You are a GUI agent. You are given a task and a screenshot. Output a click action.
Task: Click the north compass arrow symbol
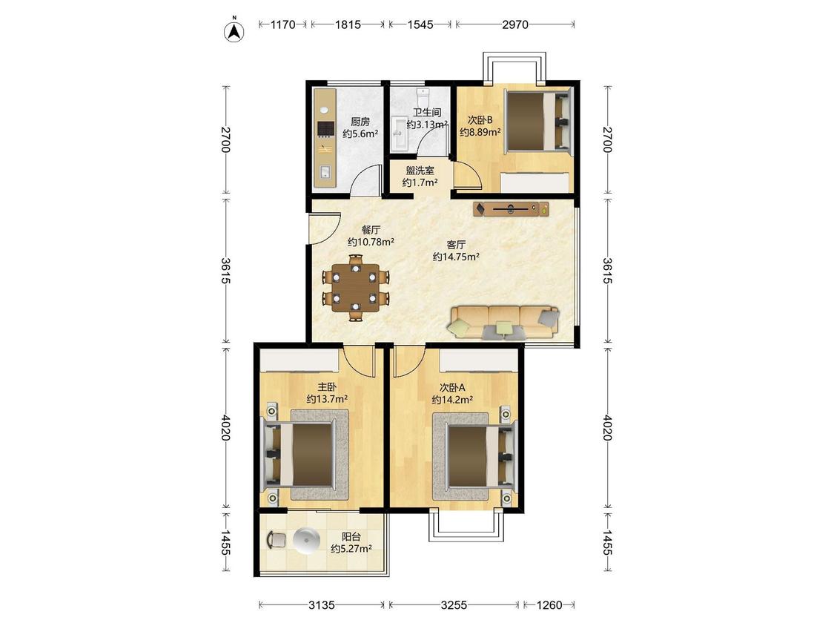[234, 30]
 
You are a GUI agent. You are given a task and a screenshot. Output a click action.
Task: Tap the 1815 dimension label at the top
[348, 24]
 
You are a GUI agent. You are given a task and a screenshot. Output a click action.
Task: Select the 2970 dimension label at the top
[515, 24]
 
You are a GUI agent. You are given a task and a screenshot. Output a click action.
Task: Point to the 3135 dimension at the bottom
[322, 604]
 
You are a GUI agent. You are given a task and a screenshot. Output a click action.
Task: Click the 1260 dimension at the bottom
[549, 604]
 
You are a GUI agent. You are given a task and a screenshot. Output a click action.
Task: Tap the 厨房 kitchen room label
[360, 122]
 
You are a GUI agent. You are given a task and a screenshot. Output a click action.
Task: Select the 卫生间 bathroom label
[427, 112]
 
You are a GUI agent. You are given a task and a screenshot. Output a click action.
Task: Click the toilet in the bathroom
[423, 96]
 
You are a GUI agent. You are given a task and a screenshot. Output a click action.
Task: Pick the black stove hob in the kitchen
[325, 129]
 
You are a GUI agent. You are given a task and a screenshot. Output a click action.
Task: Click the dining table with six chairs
[355, 288]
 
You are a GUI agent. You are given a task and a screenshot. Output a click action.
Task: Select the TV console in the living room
[512, 208]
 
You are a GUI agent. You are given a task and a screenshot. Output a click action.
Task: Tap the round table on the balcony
[306, 541]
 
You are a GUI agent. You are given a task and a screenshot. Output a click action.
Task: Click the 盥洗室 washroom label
[420, 171]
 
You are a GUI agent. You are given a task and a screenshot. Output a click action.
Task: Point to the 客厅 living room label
[456, 244]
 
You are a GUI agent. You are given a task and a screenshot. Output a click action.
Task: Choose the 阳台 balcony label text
[351, 536]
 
